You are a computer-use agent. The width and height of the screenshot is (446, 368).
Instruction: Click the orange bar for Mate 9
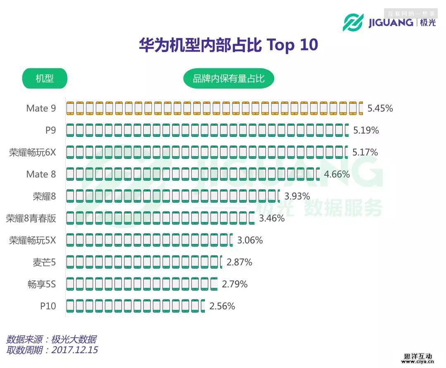(214, 108)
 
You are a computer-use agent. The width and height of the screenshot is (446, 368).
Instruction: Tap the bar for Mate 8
(193, 174)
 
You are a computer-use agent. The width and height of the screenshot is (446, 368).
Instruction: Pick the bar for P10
(135, 306)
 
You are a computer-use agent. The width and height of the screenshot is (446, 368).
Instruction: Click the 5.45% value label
(380, 109)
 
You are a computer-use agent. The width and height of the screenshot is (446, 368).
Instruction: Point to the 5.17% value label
(365, 153)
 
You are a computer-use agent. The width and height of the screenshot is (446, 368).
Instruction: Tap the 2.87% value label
(239, 262)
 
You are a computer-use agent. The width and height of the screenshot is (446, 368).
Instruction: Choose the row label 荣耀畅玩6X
(32, 153)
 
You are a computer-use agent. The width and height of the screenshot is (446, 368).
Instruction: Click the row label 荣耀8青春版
(31, 218)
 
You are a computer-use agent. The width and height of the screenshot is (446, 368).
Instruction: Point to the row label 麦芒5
(44, 262)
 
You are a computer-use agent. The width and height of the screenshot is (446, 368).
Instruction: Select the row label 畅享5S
(42, 284)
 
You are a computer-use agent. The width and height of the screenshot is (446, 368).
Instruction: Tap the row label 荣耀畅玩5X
(32, 240)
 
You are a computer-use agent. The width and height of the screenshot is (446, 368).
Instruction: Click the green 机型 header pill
(45, 78)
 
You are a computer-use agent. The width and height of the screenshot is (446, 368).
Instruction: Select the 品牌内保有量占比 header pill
(228, 78)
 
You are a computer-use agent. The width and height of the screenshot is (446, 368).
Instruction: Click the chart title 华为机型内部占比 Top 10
(228, 45)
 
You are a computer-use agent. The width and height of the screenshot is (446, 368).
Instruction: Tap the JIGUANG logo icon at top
(353, 22)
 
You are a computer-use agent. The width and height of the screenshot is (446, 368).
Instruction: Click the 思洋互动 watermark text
(418, 356)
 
